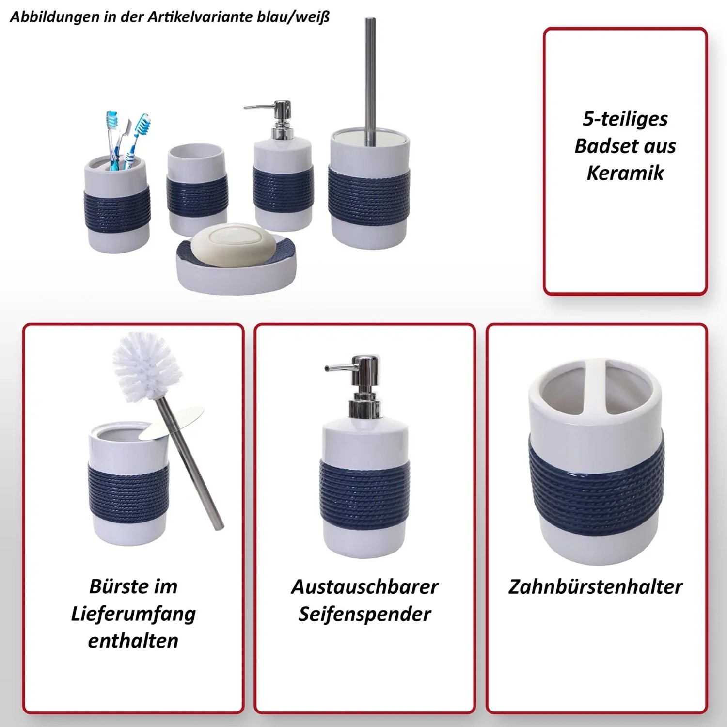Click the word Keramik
point(625,173)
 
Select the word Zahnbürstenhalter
point(596,587)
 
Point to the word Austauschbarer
point(364,587)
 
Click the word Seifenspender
point(364,614)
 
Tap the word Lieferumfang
point(133,614)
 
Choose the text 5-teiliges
point(625,119)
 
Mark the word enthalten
point(133,641)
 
